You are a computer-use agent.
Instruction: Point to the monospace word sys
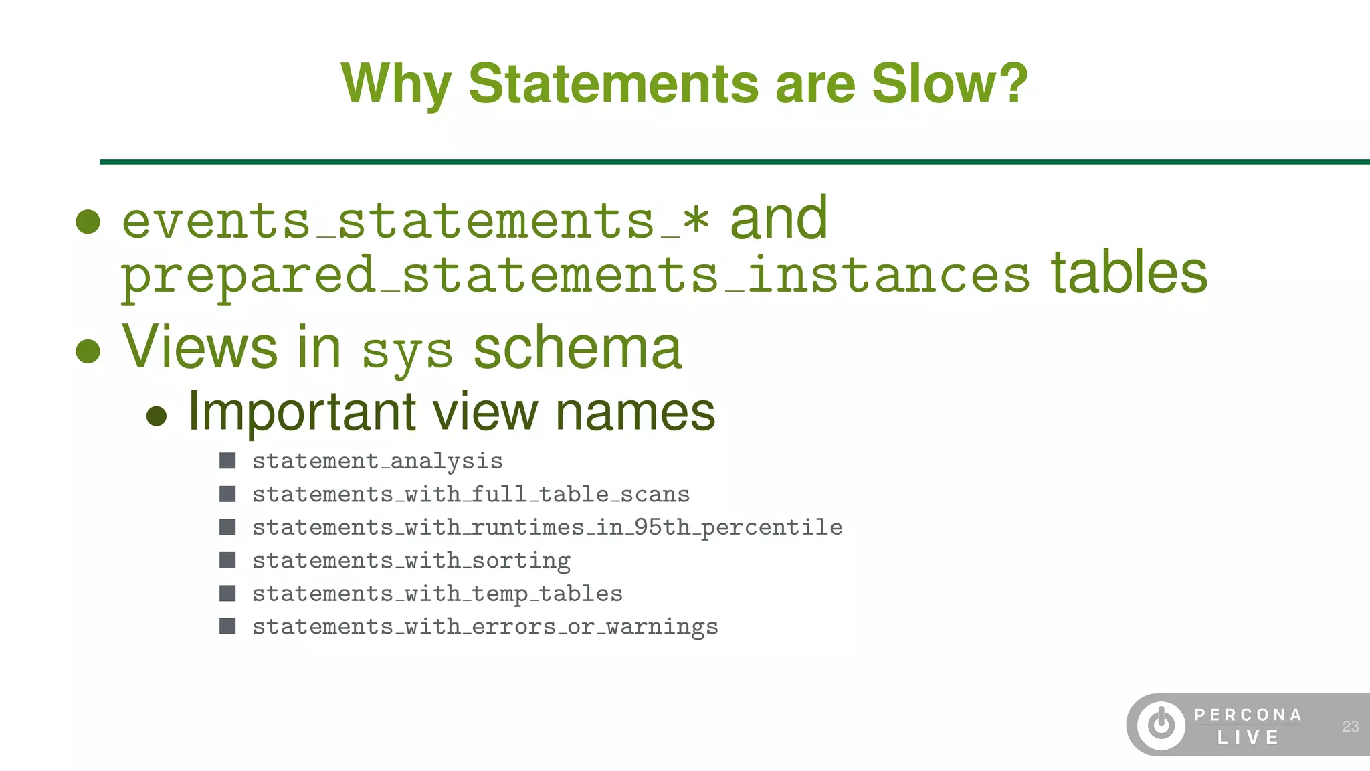tap(407, 352)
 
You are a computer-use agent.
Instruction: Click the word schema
tap(577, 348)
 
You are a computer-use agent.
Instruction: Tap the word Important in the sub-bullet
tap(302, 412)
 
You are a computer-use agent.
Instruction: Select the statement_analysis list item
tap(377, 462)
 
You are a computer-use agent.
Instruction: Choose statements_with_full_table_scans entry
tap(470, 495)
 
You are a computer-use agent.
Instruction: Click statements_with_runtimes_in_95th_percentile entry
tap(547, 528)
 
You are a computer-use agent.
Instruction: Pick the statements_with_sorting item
tap(411, 561)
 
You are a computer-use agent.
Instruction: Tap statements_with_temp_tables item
tap(437, 594)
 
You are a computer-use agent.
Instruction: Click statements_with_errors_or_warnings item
tap(484, 627)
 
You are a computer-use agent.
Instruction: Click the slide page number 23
tap(1350, 726)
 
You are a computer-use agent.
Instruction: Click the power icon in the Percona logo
tap(1161, 725)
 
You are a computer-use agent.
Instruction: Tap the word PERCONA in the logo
tap(1248, 715)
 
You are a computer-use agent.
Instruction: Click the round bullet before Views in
tap(88, 350)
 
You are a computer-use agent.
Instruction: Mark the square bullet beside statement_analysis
tap(227, 461)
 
